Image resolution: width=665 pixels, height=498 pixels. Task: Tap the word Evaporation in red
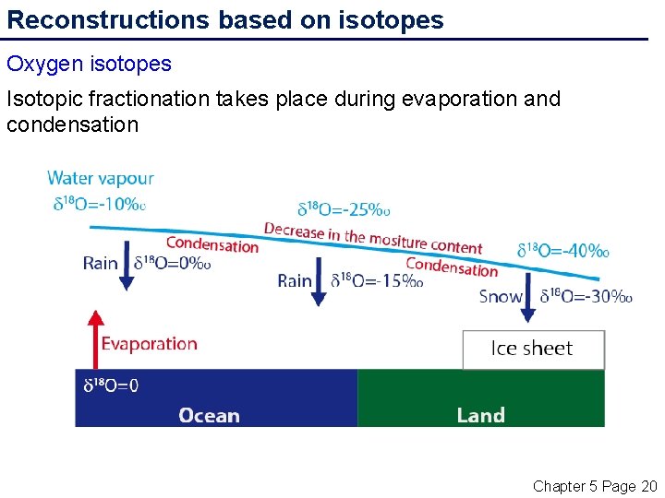[x=149, y=344]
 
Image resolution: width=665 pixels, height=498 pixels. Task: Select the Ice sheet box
[x=533, y=350]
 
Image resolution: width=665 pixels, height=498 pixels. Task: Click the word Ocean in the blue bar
[x=209, y=415]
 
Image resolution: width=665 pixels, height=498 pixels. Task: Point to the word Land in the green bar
[x=480, y=415]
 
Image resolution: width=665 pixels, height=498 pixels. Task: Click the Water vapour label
[x=100, y=178]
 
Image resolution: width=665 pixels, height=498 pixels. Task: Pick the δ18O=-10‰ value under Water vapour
[x=98, y=204]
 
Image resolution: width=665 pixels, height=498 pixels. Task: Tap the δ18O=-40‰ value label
[x=562, y=250]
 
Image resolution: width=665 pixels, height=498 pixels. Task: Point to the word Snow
[x=500, y=296]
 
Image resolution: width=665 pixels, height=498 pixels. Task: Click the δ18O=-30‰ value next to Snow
[x=586, y=296]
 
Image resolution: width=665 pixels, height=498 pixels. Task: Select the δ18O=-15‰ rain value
[x=377, y=280]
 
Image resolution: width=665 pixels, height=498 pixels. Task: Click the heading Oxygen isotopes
[x=89, y=64]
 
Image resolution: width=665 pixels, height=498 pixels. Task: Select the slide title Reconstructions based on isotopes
[x=225, y=19]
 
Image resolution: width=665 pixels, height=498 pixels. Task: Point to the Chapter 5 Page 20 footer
[x=594, y=485]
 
